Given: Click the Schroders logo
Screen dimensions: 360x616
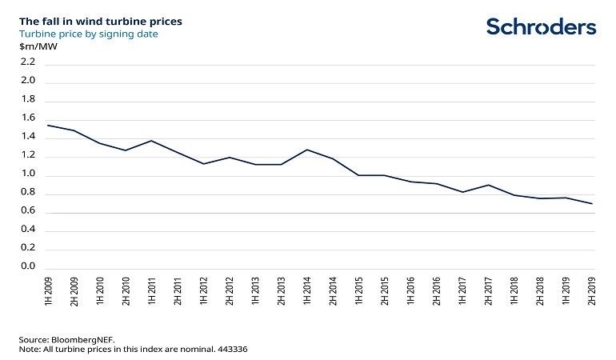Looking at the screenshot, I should tap(541, 26).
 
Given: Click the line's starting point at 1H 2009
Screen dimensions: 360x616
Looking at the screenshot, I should tap(48, 125).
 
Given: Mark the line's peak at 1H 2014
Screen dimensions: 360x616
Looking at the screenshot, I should tap(307, 150).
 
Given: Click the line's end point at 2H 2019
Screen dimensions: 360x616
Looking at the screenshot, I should tap(591, 204).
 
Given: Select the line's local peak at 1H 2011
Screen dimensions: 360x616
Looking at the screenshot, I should tap(152, 141).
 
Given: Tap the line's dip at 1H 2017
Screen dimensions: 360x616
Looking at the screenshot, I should tap(462, 192).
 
